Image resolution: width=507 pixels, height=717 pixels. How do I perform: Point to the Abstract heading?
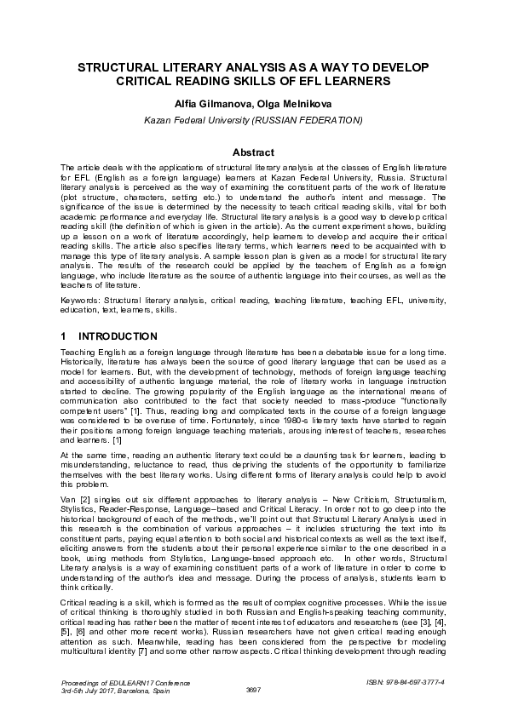[253, 152]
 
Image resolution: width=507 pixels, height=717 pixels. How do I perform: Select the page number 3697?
[253, 689]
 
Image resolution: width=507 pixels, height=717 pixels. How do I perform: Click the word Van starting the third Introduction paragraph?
[68, 495]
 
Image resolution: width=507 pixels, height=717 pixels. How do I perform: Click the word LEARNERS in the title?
[366, 81]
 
